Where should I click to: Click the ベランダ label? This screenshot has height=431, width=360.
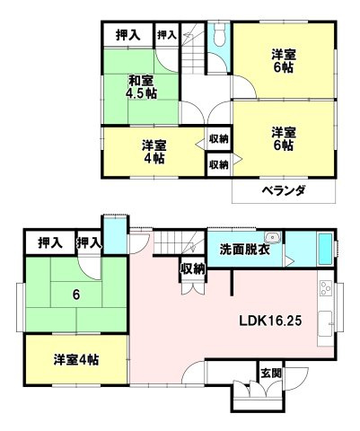pyautogui.click(x=284, y=190)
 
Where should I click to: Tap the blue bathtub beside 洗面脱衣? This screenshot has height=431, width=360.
pyautogui.click(x=320, y=249)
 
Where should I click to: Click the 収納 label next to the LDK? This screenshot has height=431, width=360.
pyautogui.click(x=191, y=269)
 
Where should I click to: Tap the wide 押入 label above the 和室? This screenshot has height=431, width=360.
pyautogui.click(x=127, y=35)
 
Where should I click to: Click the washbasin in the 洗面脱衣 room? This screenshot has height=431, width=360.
pyautogui.click(x=273, y=239)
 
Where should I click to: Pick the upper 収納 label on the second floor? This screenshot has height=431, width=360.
pyautogui.click(x=218, y=139)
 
